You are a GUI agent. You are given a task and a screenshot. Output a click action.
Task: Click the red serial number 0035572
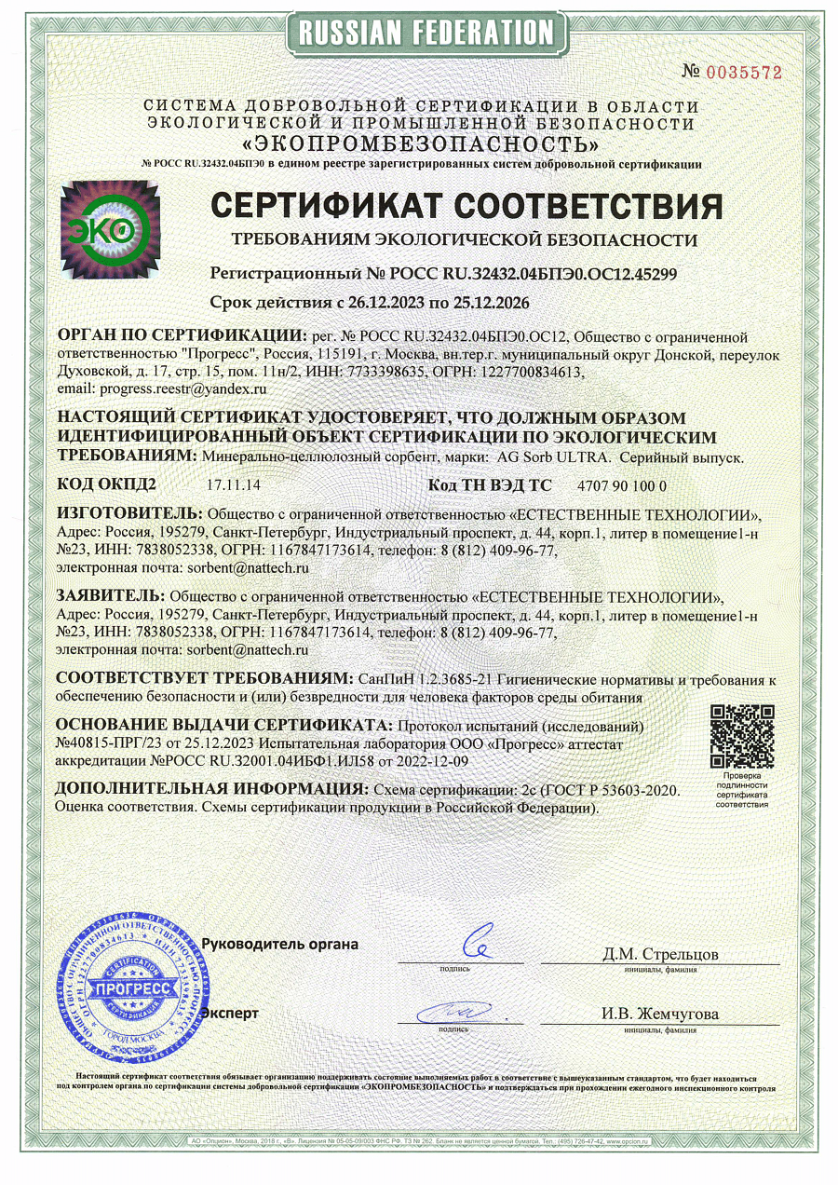(745, 72)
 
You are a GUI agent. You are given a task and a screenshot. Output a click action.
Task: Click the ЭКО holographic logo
(110, 229)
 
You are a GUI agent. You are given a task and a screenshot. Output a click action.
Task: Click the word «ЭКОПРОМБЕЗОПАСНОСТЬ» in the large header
(421, 144)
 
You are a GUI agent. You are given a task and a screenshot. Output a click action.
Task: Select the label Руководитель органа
(280, 944)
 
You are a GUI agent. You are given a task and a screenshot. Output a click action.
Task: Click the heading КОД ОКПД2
(106, 484)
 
